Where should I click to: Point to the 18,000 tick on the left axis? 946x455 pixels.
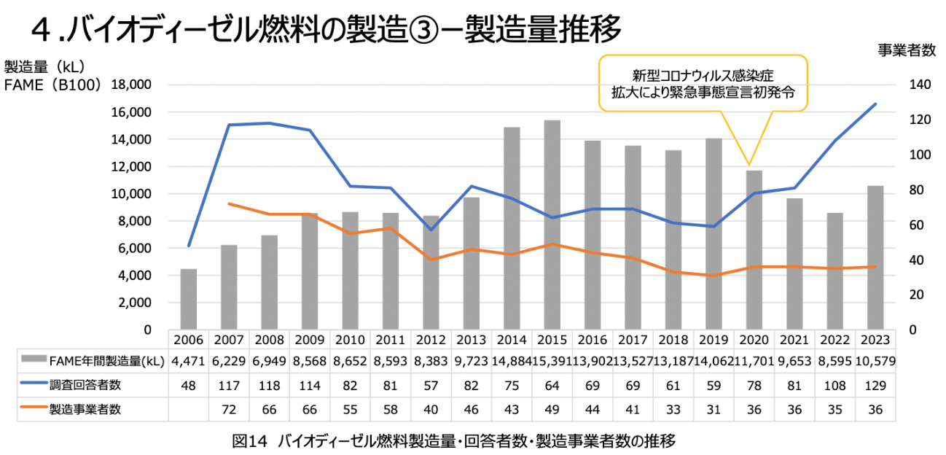coord(131,85)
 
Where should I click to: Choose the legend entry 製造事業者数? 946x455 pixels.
coord(79,409)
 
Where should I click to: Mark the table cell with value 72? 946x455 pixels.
coord(230,409)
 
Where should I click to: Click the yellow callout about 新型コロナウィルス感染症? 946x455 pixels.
coord(703,83)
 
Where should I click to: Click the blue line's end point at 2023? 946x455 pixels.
coord(875,104)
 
